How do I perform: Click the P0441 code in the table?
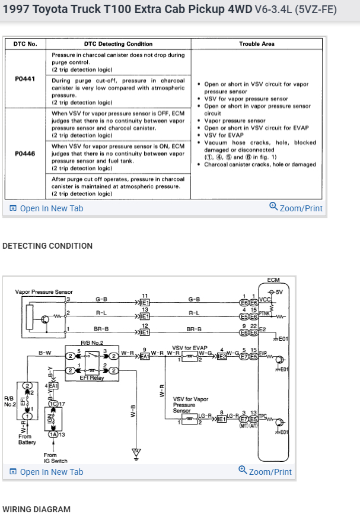coord(25,78)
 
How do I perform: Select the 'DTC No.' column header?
coord(25,44)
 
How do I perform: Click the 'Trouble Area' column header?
coord(257,44)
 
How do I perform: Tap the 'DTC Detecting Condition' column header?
coord(118,44)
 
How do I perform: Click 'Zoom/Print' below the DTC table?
coord(296,208)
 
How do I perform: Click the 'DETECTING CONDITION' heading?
coord(47,246)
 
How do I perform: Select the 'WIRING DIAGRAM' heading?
coord(36,509)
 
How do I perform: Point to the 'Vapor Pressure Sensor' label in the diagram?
coord(44,292)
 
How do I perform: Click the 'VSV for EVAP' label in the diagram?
coord(190,348)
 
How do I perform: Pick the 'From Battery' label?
coord(27,439)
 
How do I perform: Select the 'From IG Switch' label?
coord(56,458)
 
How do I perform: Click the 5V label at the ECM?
coord(278,292)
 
